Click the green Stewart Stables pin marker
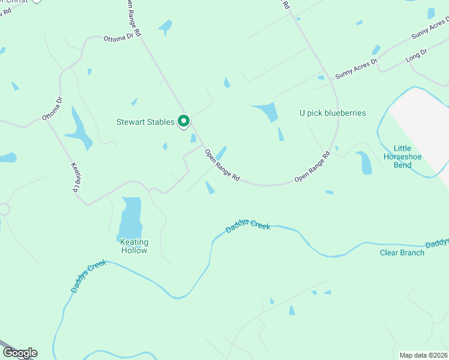point(184,121)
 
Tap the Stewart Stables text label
point(145,122)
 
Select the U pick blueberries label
point(333,113)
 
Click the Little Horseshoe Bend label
point(408,157)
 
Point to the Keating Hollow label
point(134,247)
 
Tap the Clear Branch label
point(402,253)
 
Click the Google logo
point(20,353)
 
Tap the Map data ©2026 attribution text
point(423,355)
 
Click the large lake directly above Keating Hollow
point(131,218)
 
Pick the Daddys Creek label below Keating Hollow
point(88,276)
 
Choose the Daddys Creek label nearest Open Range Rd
point(248,227)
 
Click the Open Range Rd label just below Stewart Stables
point(222,166)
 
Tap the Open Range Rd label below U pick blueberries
point(312,167)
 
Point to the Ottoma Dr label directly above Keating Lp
point(52,109)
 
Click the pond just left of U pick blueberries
point(267,112)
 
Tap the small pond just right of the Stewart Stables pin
point(193,138)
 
